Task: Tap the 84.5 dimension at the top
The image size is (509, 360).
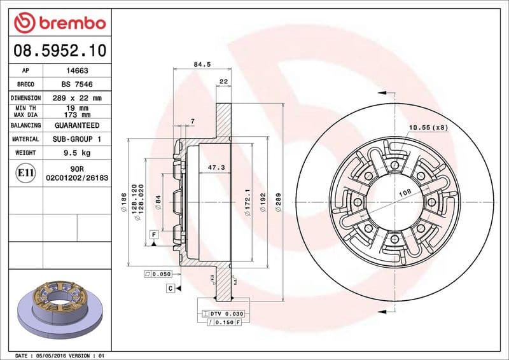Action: coord(201,63)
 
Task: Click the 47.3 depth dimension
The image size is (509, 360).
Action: coord(216,167)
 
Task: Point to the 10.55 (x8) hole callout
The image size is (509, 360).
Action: coord(428,128)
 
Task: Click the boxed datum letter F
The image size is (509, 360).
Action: coord(154,235)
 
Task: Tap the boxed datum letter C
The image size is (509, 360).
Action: coord(171,289)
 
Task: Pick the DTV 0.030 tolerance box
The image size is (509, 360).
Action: coord(222,314)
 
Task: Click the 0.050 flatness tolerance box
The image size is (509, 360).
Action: coord(158,273)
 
